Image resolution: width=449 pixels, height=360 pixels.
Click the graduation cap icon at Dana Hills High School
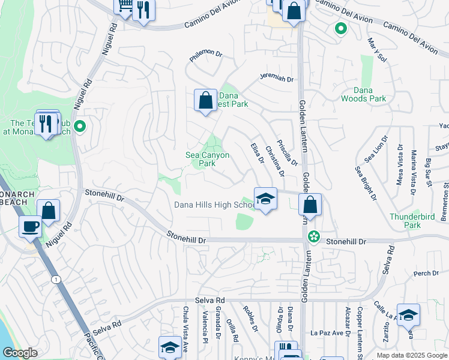point(265,199)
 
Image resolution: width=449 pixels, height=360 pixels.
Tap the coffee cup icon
point(30,226)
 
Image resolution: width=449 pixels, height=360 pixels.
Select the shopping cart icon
point(125,6)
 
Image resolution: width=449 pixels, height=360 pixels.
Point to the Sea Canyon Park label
point(207,159)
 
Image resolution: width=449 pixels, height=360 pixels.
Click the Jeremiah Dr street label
point(276,79)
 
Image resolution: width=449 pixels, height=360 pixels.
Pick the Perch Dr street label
point(426,273)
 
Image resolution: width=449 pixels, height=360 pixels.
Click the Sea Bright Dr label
point(366,183)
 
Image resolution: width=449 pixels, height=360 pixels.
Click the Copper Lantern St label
point(359,327)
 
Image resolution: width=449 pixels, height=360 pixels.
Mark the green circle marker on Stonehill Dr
point(313,237)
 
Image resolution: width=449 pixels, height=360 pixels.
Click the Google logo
point(20,353)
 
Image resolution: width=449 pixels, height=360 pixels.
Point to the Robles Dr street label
point(250,319)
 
